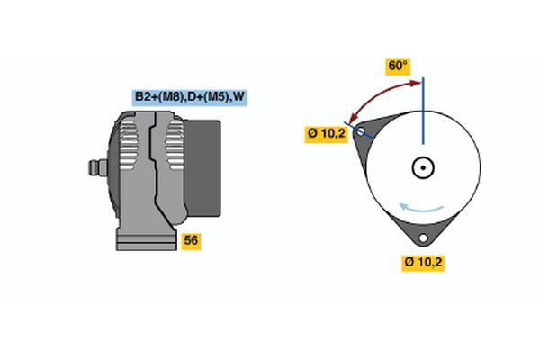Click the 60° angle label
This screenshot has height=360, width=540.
click(398, 66)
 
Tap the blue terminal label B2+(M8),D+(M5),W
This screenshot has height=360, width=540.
click(190, 97)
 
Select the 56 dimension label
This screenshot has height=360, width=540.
click(191, 241)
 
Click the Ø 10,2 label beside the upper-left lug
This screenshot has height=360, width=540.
click(326, 134)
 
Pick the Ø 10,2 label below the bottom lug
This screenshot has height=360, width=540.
click(423, 263)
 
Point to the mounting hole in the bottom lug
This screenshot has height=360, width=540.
click(423, 238)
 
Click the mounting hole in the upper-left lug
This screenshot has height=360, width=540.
click(361, 131)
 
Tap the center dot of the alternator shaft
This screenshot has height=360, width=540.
click(423, 167)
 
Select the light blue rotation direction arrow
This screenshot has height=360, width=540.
click(420, 209)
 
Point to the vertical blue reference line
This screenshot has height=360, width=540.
click(423, 111)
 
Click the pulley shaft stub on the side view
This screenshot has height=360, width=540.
click(98, 167)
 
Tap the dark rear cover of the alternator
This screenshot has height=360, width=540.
click(202, 168)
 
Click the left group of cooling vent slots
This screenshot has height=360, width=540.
click(128, 145)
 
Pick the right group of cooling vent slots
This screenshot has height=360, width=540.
click(175, 145)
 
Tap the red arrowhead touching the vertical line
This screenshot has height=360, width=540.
click(416, 83)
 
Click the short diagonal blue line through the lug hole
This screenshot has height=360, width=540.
click(359, 130)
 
